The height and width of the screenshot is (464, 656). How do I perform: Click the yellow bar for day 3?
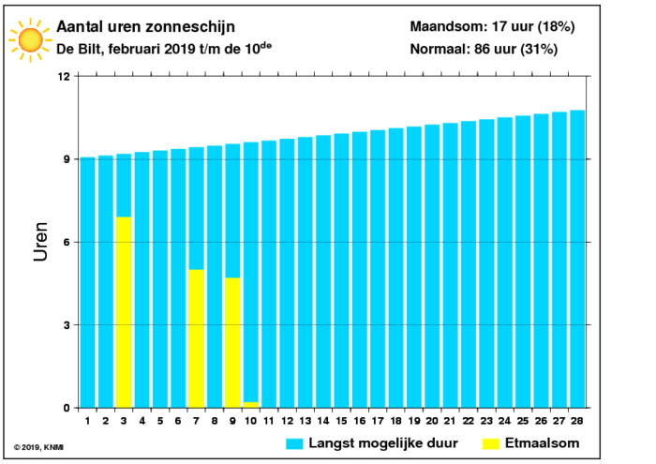(x=124, y=312)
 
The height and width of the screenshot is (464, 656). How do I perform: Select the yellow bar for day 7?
(x=196, y=338)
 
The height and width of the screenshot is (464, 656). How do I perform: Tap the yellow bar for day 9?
(x=232, y=343)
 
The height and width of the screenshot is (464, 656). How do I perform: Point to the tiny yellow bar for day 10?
(x=250, y=405)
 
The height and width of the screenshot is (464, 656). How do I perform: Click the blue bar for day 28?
(x=577, y=259)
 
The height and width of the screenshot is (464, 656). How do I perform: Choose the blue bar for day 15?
(x=341, y=271)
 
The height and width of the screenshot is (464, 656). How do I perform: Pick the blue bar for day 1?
(x=87, y=282)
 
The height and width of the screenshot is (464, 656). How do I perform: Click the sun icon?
(x=30, y=40)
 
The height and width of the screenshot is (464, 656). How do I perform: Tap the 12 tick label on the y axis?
(x=65, y=77)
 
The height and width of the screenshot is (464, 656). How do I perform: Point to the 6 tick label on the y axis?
(x=67, y=242)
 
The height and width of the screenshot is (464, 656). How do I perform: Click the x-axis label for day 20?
(x=432, y=421)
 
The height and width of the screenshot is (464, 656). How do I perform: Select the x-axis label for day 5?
(x=160, y=421)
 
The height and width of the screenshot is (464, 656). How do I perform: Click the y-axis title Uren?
(x=40, y=242)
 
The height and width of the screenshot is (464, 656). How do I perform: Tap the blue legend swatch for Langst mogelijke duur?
(x=294, y=444)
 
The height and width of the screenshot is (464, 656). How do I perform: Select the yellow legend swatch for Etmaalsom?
(x=491, y=444)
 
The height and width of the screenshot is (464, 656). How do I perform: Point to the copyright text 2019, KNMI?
(x=38, y=447)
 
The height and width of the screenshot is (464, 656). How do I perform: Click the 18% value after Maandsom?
(x=556, y=27)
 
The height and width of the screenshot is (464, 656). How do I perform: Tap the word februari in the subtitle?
(x=134, y=49)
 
